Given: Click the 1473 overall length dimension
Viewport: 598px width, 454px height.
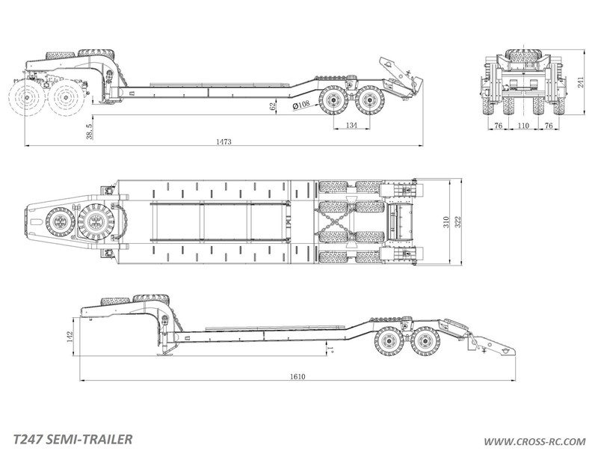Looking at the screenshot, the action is (x=224, y=141).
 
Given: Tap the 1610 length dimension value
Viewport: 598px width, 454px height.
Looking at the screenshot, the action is (x=298, y=376).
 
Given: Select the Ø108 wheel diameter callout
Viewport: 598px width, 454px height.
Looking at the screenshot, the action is (x=301, y=105).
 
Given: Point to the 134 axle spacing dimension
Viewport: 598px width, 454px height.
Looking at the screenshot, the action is (x=351, y=125).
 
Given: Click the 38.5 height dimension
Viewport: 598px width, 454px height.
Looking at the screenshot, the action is (x=89, y=131).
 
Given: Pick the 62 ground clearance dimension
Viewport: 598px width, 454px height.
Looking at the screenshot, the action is (x=272, y=106).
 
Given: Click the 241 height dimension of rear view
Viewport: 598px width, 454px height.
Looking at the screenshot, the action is (x=582, y=82).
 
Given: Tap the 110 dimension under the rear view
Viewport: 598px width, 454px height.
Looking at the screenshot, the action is (x=524, y=125).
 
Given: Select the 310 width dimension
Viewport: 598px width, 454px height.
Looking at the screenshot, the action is (x=446, y=222).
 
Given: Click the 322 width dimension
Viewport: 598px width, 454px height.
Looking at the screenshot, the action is (x=458, y=222).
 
